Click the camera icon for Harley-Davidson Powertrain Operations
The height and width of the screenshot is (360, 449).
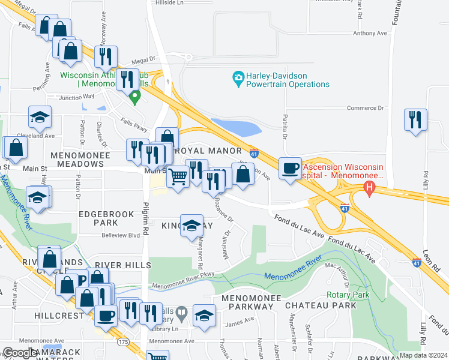(x=238, y=77)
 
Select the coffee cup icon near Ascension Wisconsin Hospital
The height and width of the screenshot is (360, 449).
(x=291, y=169)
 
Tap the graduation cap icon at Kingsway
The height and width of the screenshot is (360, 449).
(x=191, y=226)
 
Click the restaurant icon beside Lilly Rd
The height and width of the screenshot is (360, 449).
(x=415, y=119)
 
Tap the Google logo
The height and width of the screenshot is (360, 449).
(x=20, y=353)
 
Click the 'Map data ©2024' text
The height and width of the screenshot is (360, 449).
(x=423, y=355)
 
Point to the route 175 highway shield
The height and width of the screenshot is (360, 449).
(x=123, y=341)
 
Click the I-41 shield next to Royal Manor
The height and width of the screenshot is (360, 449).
(x=254, y=154)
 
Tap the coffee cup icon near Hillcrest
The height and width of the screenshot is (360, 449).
(x=106, y=315)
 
